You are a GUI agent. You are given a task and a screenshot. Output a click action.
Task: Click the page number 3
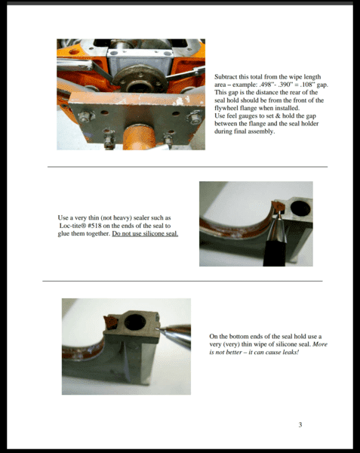300,424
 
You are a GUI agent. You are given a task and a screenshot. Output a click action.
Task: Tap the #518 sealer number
93,226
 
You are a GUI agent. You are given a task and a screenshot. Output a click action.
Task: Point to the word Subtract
226,77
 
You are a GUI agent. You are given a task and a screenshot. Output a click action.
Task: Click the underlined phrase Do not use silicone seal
145,233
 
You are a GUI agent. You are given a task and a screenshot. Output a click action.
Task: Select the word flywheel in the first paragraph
226,108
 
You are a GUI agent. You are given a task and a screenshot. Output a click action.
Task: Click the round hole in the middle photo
300,208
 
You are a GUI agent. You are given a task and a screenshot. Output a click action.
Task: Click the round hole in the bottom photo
135,322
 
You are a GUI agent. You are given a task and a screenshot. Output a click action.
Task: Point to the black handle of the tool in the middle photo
275,254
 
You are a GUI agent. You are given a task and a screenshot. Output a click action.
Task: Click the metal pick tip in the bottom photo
158,328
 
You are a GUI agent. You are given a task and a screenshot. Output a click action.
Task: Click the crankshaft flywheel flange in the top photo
140,79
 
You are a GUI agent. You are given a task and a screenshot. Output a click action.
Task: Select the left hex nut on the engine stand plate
86,116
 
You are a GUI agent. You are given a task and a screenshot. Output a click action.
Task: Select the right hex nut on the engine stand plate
195,117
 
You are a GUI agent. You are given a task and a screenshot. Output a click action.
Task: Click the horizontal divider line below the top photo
188,167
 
